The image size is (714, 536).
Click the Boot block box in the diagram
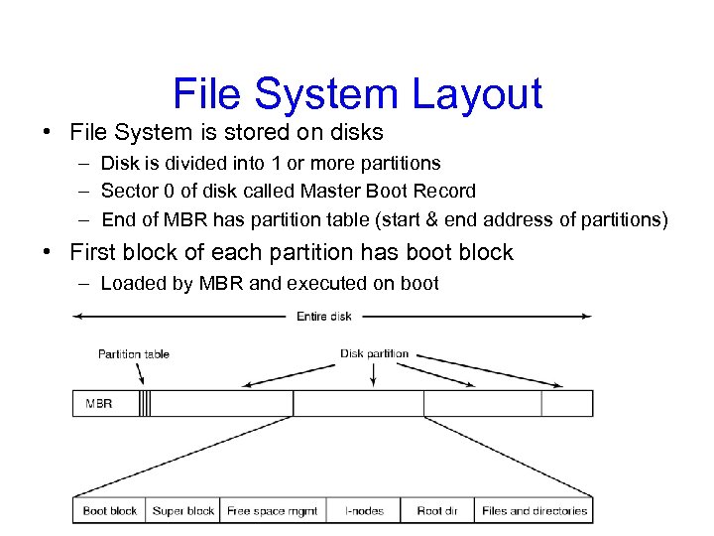click(110, 510)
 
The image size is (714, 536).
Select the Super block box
click(183, 510)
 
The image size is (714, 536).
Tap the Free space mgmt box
click(273, 510)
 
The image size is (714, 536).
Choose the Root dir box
click(436, 510)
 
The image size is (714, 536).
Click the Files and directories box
click(534, 510)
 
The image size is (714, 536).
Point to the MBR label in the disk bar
click(99, 404)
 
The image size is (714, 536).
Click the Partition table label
click(133, 353)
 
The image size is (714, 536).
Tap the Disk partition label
click(374, 353)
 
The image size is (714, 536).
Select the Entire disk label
click(324, 316)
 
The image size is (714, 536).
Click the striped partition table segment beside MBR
click(145, 404)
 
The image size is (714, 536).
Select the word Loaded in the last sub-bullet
click(132, 283)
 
